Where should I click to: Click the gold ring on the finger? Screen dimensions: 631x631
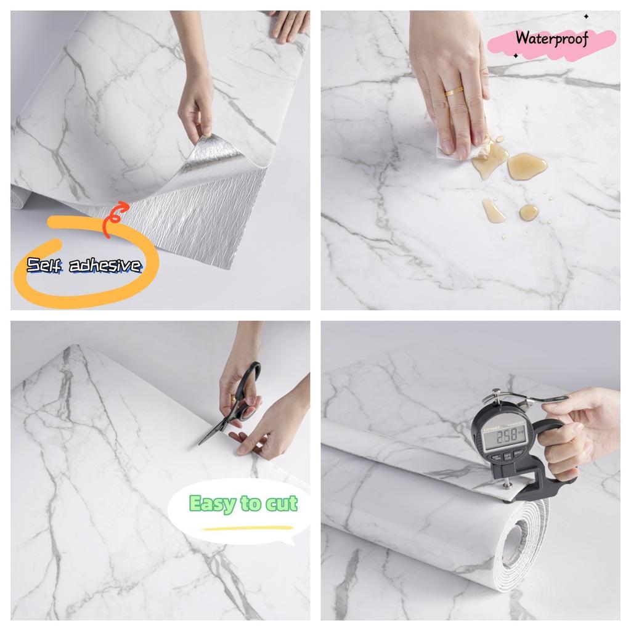click(454, 92)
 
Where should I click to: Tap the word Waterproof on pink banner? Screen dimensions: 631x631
click(552, 38)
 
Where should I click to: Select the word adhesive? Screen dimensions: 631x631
click(105, 266)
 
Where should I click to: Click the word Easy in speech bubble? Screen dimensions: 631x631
click(212, 503)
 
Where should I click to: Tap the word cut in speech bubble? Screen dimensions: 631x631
click(282, 503)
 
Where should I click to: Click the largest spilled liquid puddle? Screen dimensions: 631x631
click(526, 166)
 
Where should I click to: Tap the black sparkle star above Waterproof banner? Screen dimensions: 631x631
click(586, 17)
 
